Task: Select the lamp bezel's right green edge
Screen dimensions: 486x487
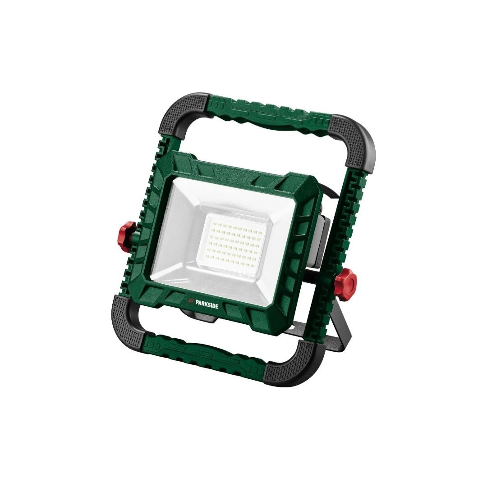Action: pyautogui.click(x=300, y=252)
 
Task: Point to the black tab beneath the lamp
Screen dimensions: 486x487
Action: pyautogui.click(x=198, y=318)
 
